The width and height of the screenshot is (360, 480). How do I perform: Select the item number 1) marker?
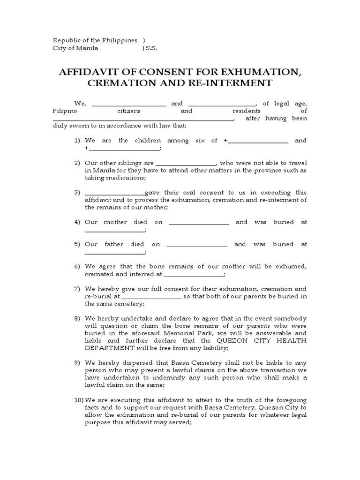77,141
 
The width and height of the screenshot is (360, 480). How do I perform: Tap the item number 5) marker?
77,244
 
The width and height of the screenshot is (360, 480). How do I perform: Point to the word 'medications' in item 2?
127,178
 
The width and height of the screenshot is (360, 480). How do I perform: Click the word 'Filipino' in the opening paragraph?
65,111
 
